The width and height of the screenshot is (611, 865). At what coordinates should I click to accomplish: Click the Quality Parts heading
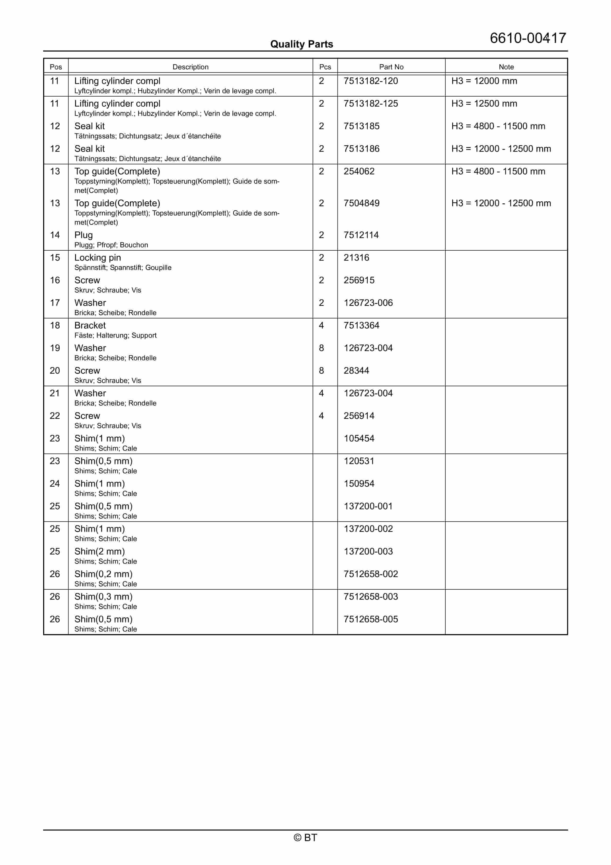pos(301,44)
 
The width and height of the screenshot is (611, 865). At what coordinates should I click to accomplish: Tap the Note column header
pos(506,67)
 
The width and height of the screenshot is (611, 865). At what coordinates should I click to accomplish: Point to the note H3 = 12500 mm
pos(484,104)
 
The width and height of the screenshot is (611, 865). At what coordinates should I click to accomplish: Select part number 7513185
pos(361,126)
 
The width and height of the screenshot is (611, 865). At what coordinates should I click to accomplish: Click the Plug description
pos(83,235)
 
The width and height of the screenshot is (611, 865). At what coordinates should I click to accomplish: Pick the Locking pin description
pos(98,258)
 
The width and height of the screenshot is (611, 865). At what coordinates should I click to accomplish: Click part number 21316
pos(356,258)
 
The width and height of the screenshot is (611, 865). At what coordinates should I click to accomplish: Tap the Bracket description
pos(90,325)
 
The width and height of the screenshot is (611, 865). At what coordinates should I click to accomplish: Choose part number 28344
pos(356,371)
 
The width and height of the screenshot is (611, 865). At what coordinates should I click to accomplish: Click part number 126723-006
pos(368,303)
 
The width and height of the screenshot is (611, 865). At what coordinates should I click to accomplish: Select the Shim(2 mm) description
pos(99,552)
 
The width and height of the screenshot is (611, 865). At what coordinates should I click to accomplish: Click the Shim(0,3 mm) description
pos(103,597)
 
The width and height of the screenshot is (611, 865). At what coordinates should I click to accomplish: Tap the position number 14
pos(55,235)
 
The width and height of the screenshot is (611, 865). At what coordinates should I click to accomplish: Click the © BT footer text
pos(305,838)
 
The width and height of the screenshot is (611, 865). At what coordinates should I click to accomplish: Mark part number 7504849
pos(361,203)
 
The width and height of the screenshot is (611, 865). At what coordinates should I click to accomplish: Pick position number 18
pos(55,325)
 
